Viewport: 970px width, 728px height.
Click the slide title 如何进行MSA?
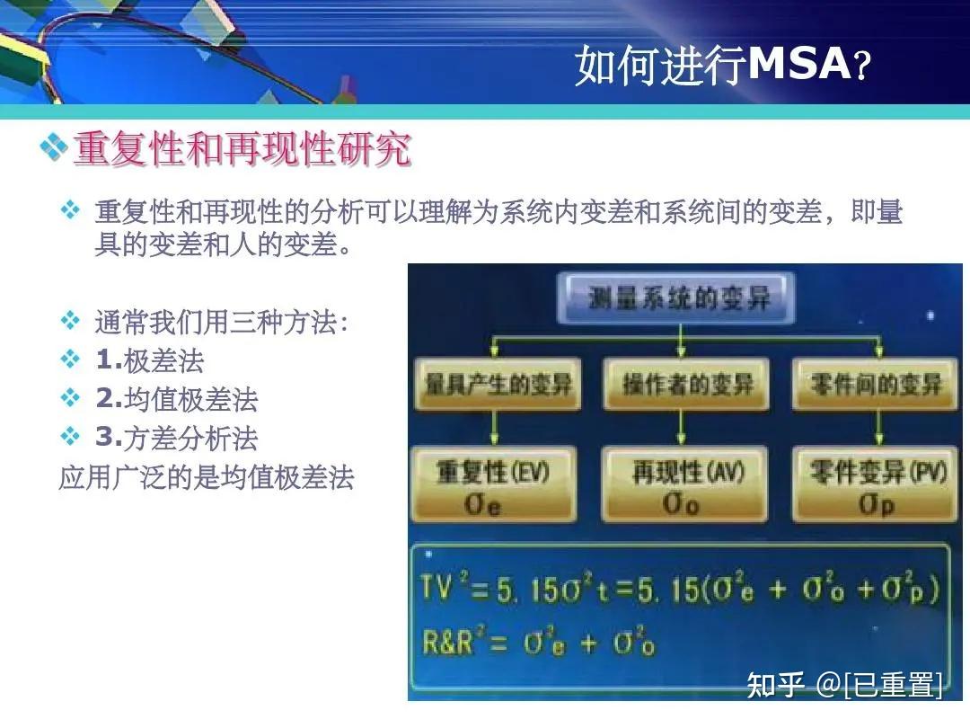[x=723, y=65]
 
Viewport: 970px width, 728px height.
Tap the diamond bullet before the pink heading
[x=54, y=147]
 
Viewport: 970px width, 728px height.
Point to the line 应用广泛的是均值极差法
[x=206, y=476]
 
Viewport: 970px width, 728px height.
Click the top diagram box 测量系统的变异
[x=679, y=297]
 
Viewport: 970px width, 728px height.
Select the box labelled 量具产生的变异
[x=498, y=386]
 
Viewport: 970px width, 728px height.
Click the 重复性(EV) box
[x=493, y=486]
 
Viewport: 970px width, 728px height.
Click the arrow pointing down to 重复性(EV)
[x=498, y=430]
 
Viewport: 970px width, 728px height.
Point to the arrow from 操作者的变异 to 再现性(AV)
[x=682, y=430]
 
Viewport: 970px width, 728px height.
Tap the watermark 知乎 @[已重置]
[x=844, y=685]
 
